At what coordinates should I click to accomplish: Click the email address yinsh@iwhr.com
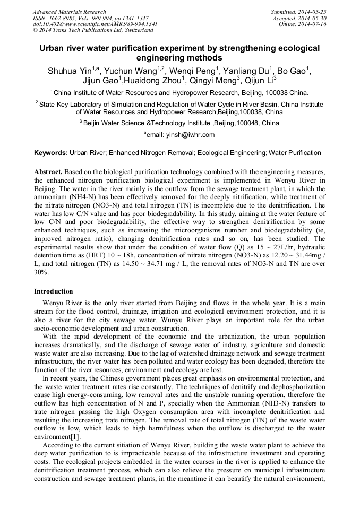190,135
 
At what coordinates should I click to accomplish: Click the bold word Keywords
50,153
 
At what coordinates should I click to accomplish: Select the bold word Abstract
48,172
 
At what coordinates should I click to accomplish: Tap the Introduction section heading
54,291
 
